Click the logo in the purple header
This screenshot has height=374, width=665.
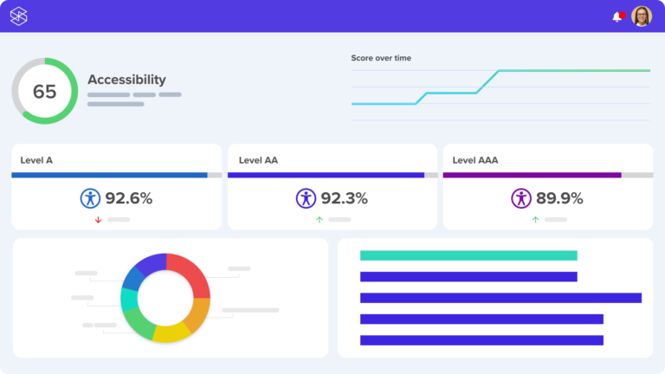coord(19,16)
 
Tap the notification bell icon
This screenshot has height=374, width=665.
coord(617,16)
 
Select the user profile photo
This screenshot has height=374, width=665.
coord(642,16)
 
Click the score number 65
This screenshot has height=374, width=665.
coord(44,91)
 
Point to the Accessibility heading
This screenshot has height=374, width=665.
coord(126,80)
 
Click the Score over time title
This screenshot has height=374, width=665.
coord(381,58)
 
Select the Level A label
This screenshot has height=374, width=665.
coord(36,160)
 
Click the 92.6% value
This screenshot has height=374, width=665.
coord(129,198)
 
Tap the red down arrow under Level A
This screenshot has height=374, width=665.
coord(98,220)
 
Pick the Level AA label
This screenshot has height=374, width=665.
coord(258,160)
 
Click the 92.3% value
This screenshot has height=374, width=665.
coord(344,198)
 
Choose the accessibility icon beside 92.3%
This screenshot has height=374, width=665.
coord(306,198)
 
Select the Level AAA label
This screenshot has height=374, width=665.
coord(475,160)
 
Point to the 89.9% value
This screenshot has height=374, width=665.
coord(559,198)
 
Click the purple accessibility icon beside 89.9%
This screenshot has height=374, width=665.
coord(520,198)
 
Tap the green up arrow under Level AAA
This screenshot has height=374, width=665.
coord(535,220)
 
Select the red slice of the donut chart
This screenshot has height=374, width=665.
coord(191,274)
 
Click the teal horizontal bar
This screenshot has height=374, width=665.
coord(468,255)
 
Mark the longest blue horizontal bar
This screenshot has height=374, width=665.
coord(500,298)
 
